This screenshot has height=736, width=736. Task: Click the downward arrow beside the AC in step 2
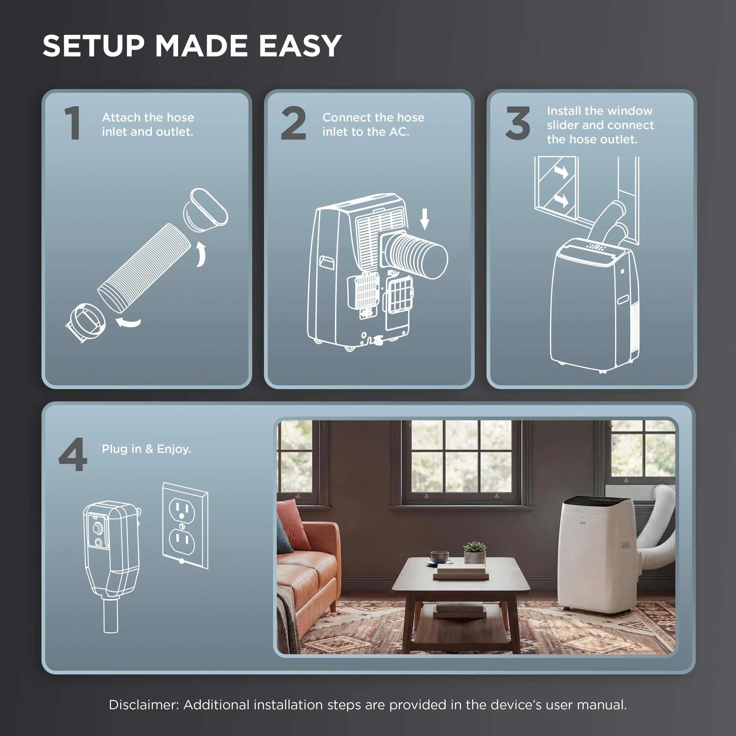pyautogui.click(x=425, y=219)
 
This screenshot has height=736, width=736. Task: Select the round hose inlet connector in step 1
pyautogui.click(x=86, y=321)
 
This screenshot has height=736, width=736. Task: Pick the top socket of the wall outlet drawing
pyautogui.click(x=182, y=511)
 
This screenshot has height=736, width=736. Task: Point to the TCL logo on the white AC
pyautogui.click(x=583, y=523)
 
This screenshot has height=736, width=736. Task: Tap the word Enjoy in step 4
pyautogui.click(x=174, y=449)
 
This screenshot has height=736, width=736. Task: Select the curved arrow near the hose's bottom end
pyautogui.click(x=128, y=323)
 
